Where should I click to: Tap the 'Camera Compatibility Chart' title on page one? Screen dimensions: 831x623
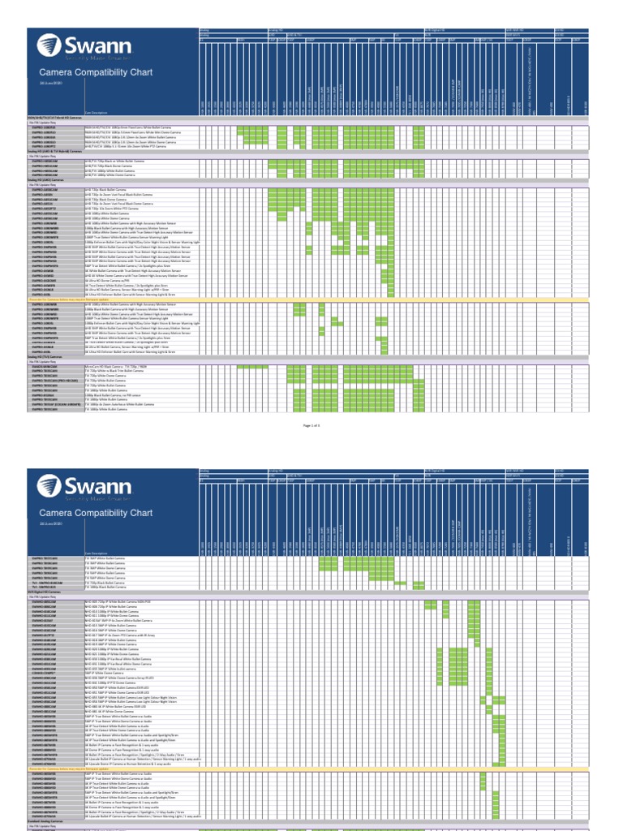(x=96, y=72)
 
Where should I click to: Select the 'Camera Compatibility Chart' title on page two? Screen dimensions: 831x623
(x=96, y=513)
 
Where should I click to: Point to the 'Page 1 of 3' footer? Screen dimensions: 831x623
(x=311, y=424)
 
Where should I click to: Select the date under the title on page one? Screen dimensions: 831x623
(x=50, y=84)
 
